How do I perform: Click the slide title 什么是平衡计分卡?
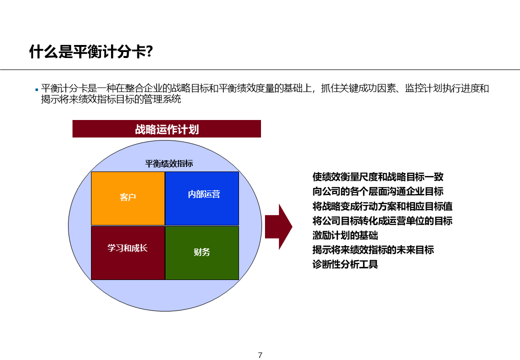click(90, 51)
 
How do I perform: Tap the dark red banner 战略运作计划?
click(166, 129)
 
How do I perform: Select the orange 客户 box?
click(128, 198)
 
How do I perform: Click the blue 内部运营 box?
click(202, 198)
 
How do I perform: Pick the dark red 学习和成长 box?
click(128, 252)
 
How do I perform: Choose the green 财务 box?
click(202, 252)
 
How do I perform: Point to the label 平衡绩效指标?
click(169, 163)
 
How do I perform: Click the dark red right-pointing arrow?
click(278, 226)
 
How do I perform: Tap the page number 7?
click(260, 355)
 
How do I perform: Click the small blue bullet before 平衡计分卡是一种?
click(36, 89)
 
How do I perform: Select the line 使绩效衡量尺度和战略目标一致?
click(377, 177)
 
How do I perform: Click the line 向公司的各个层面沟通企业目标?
click(377, 191)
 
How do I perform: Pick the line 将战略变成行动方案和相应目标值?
click(382, 206)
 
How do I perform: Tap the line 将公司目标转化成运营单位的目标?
click(382, 220)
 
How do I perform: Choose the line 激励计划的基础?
click(345, 235)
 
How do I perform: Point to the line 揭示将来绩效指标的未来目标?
click(373, 249)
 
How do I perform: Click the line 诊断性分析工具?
click(345, 264)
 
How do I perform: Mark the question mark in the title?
click(148, 51)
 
